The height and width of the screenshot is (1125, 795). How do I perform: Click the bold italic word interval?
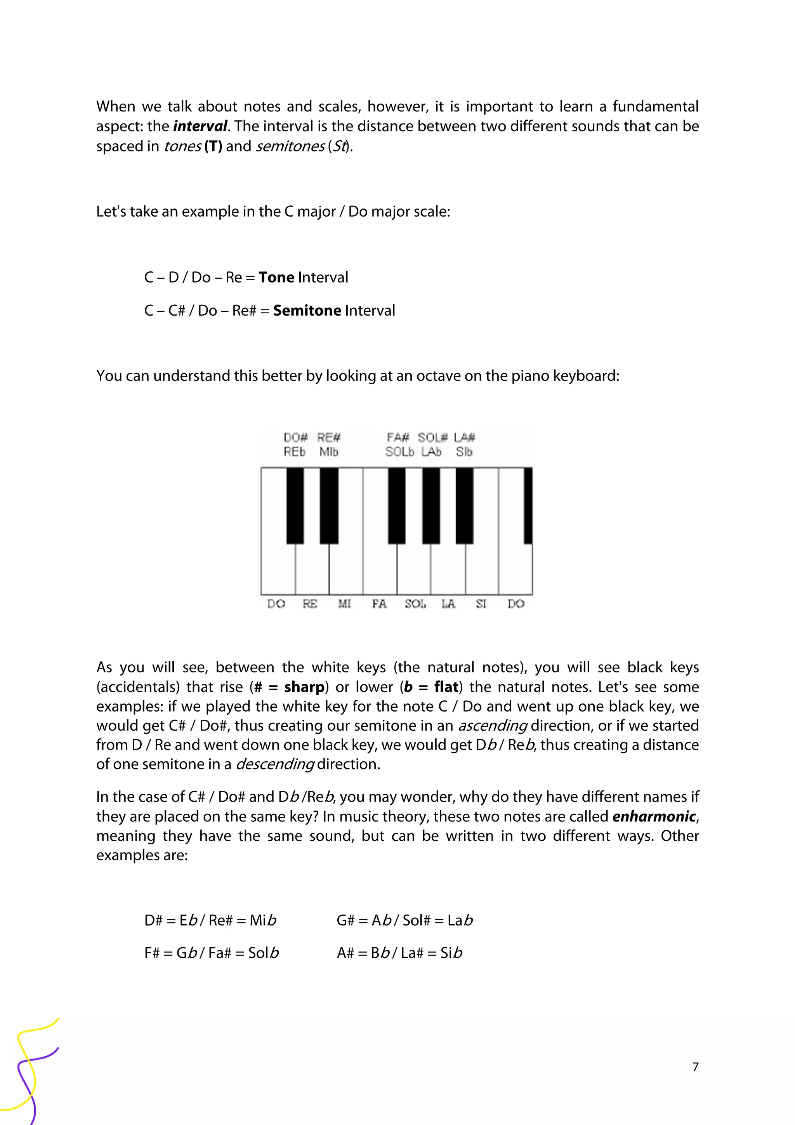click(200, 127)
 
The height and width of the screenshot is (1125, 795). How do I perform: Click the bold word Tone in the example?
click(276, 277)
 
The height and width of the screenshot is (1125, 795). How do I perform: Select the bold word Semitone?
click(307, 311)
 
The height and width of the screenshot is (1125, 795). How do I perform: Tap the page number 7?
click(695, 1067)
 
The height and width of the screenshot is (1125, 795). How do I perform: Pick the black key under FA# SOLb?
click(396, 505)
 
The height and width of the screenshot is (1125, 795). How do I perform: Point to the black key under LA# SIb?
click(464, 505)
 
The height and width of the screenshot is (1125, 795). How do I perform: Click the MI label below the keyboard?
click(344, 604)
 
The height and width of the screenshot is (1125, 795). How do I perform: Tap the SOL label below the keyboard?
click(415, 604)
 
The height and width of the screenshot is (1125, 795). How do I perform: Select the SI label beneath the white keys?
click(481, 604)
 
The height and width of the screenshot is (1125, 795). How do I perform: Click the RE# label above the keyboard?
click(329, 437)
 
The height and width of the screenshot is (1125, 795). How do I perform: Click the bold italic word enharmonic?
click(654, 817)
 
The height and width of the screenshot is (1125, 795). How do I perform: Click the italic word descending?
click(275, 764)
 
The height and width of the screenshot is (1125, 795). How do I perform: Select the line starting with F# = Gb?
click(212, 953)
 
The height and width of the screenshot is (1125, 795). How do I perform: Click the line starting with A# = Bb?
click(399, 953)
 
